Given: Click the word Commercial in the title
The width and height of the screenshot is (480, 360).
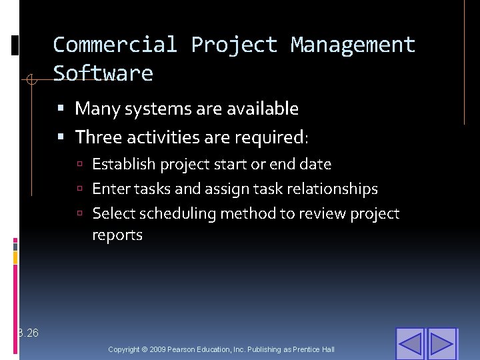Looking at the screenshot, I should point(115,45).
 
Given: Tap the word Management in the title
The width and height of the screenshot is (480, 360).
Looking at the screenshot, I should point(353,45).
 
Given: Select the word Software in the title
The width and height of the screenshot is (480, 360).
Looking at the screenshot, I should point(103,73).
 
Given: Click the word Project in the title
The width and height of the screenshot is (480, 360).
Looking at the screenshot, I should point(234,45).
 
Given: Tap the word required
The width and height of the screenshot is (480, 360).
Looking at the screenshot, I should point(272,137).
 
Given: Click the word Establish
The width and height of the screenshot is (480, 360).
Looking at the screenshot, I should point(123,164).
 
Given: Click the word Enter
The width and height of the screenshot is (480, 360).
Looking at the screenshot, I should point(111,189).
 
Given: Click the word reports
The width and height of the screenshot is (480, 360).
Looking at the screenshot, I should point(117,235).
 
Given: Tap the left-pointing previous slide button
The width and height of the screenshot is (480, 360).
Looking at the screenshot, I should point(410,343).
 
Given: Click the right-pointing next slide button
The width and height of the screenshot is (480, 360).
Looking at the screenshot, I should point(441,343).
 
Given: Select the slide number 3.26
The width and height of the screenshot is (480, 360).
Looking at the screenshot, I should point(29,333).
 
